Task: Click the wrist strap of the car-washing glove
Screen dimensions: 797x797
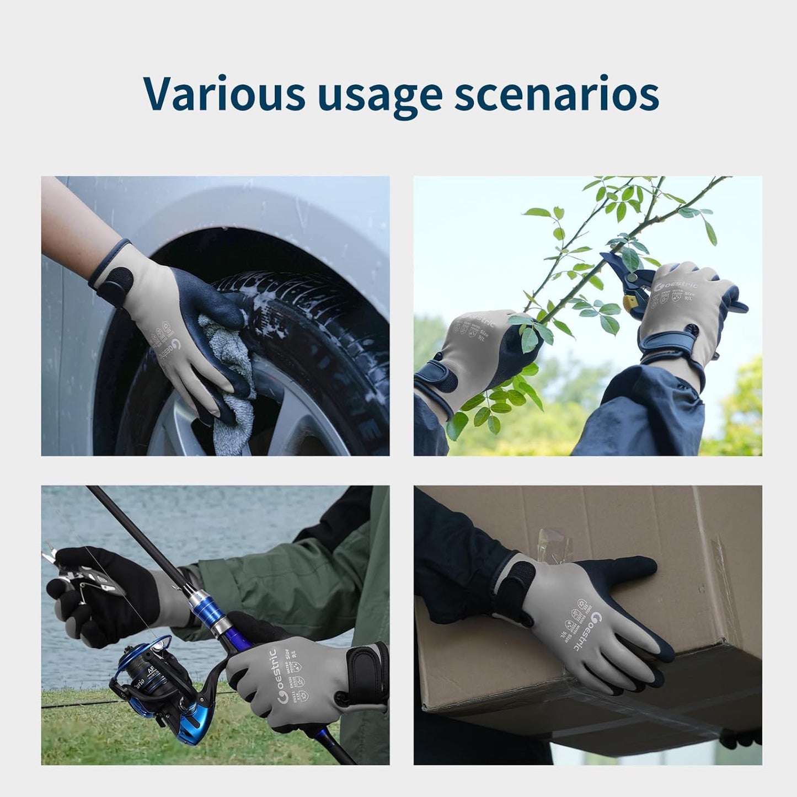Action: (113, 279)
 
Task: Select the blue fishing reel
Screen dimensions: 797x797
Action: (149, 678)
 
